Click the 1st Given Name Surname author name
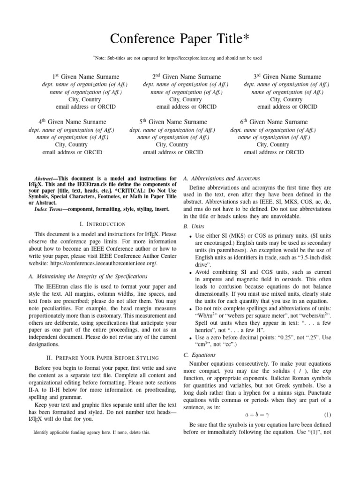pos(85,77)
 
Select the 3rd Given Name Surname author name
pos(287,77)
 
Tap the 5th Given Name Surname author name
pos(173,122)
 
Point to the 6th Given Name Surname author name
pos(274,122)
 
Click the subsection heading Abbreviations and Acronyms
pos(221,179)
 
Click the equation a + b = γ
pos(255,415)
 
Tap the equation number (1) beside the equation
pos(328,415)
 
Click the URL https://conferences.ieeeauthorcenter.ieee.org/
pos(104,263)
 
